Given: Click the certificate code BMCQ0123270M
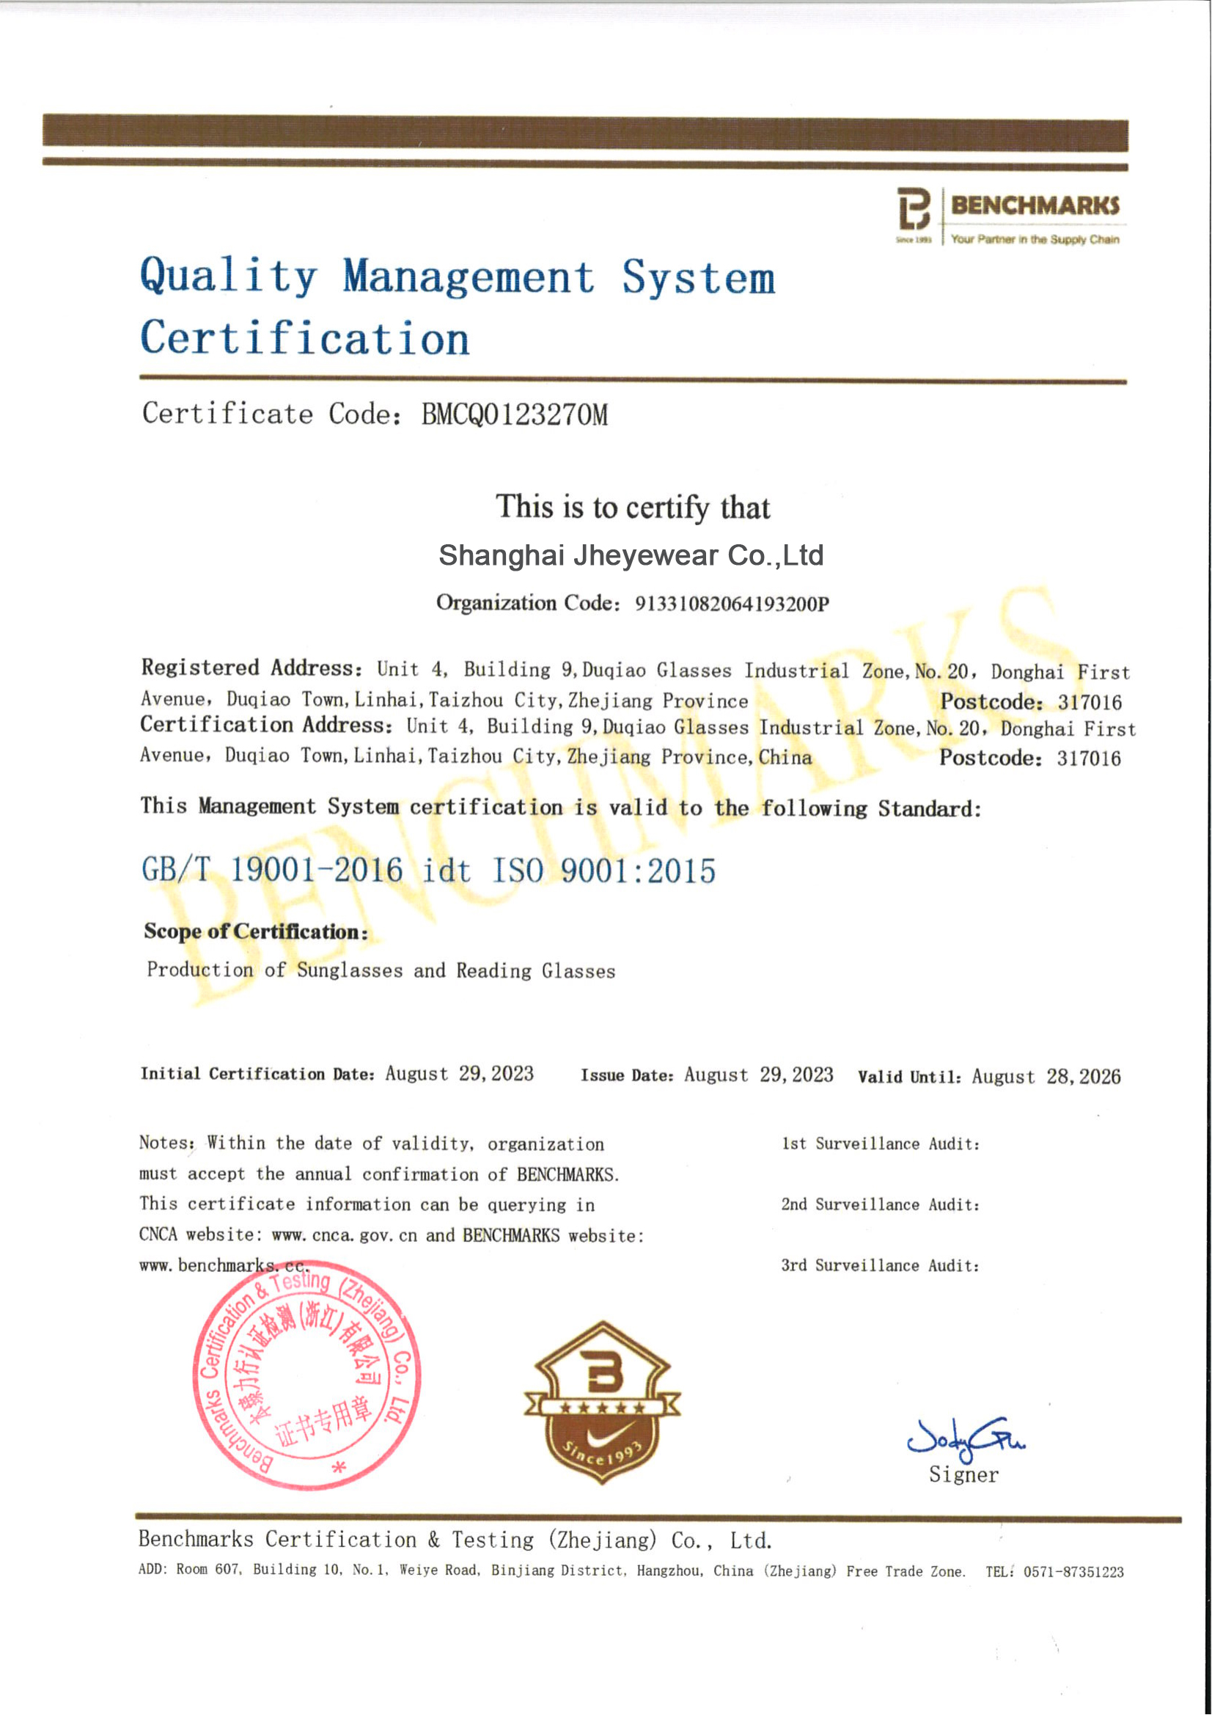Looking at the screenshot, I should tap(515, 414).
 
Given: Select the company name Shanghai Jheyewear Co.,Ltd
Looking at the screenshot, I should tap(631, 555).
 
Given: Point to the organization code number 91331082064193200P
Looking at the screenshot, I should tap(732, 604).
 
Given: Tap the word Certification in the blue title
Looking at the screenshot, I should tap(305, 338).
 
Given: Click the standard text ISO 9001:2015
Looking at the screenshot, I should tap(603, 871).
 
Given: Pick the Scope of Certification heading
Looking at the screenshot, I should tap(255, 932).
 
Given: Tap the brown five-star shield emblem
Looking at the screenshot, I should tap(602, 1402).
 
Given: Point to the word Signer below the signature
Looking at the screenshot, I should tap(963, 1475).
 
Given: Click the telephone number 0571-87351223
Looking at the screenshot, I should tap(1073, 1571).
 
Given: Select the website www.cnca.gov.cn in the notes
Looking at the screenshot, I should tap(345, 1235).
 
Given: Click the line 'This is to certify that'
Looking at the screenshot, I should tap(633, 507).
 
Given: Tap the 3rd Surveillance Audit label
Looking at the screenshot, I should tap(880, 1265).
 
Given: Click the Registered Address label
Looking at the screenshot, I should tap(251, 668).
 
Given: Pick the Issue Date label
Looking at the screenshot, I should tap(627, 1075).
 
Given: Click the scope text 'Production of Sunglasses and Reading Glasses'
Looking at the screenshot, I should tap(381, 970).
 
